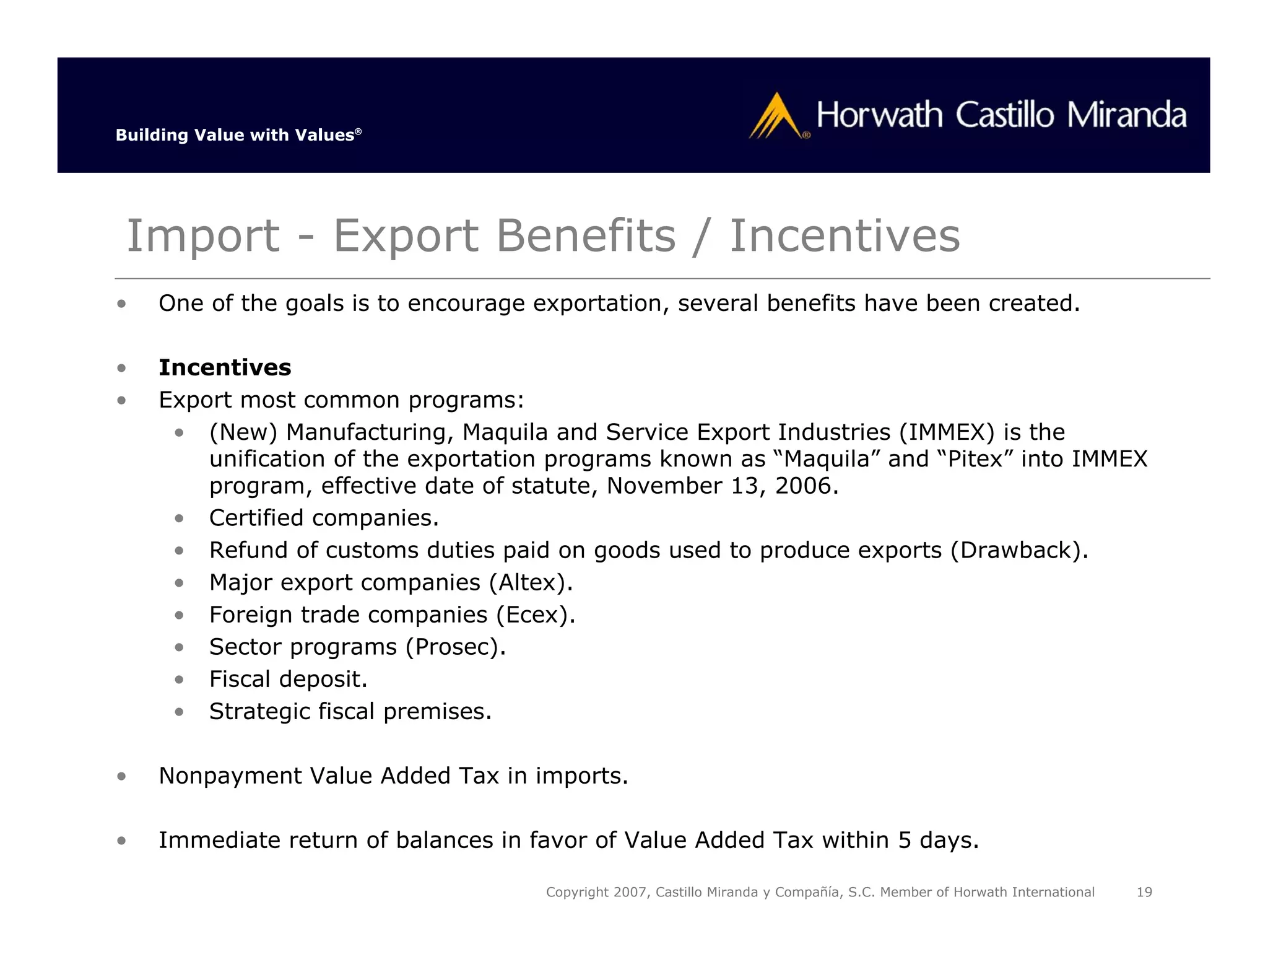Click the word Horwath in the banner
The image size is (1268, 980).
879,115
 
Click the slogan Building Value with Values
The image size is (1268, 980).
238,135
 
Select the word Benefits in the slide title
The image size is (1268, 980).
586,236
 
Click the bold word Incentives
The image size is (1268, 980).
225,367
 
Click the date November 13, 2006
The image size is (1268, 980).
722,486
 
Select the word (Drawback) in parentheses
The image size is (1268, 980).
1019,550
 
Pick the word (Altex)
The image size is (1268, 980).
531,582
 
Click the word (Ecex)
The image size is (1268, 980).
536,615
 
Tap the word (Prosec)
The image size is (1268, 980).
456,647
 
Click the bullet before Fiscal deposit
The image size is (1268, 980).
179,680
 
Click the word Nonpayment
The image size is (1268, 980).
229,776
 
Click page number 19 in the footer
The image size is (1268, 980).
1144,892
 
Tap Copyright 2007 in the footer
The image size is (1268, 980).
597,892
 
